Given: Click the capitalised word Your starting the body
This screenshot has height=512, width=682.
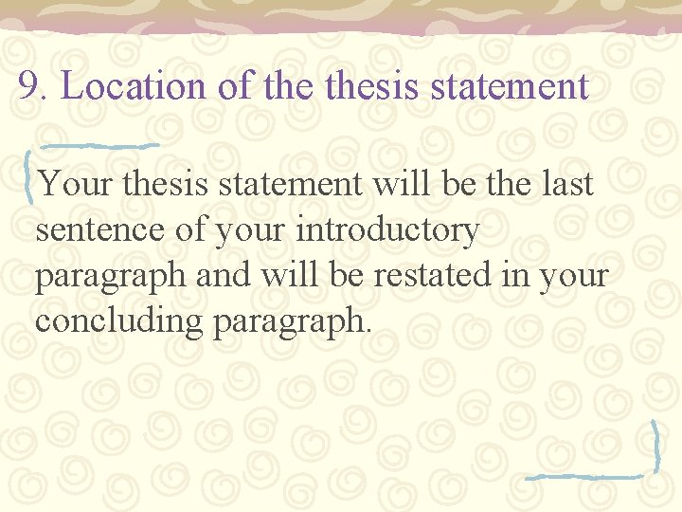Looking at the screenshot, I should pyautogui.click(x=75, y=183).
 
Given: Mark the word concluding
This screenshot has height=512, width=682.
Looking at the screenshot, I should pyautogui.click(x=120, y=320).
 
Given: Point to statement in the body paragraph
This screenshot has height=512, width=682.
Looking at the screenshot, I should pyautogui.click(x=290, y=183).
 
